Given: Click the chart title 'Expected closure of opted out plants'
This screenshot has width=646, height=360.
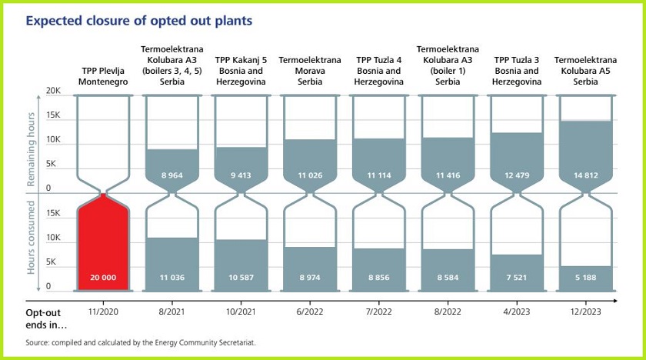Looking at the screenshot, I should click(x=138, y=21).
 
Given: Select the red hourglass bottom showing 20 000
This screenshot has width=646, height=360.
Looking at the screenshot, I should click(x=104, y=246).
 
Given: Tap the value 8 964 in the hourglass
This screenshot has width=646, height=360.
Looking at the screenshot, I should click(x=171, y=175).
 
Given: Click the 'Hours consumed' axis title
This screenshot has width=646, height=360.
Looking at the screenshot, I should click(x=32, y=238).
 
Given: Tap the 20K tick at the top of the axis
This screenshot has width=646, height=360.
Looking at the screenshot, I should click(x=53, y=92).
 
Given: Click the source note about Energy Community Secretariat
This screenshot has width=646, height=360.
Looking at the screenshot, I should click(x=141, y=342).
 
